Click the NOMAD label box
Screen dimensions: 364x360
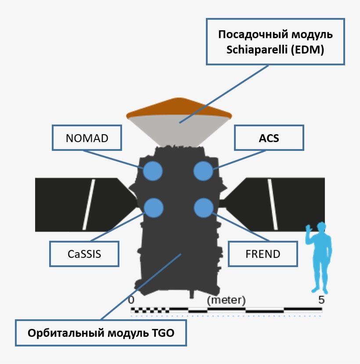click(x=87, y=138)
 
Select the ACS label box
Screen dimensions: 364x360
click(x=269, y=138)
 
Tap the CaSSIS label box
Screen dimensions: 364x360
click(x=84, y=253)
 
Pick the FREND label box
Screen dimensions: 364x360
click(x=263, y=253)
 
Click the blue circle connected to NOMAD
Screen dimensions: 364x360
click(x=153, y=171)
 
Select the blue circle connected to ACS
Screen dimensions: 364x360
click(x=203, y=171)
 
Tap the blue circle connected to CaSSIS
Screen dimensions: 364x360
click(x=154, y=207)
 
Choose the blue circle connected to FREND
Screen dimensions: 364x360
click(x=203, y=207)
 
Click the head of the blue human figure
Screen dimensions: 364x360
click(x=321, y=228)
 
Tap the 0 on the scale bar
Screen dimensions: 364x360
click(x=131, y=300)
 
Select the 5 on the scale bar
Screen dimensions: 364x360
click(x=322, y=300)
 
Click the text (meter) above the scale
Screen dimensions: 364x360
click(x=226, y=300)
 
